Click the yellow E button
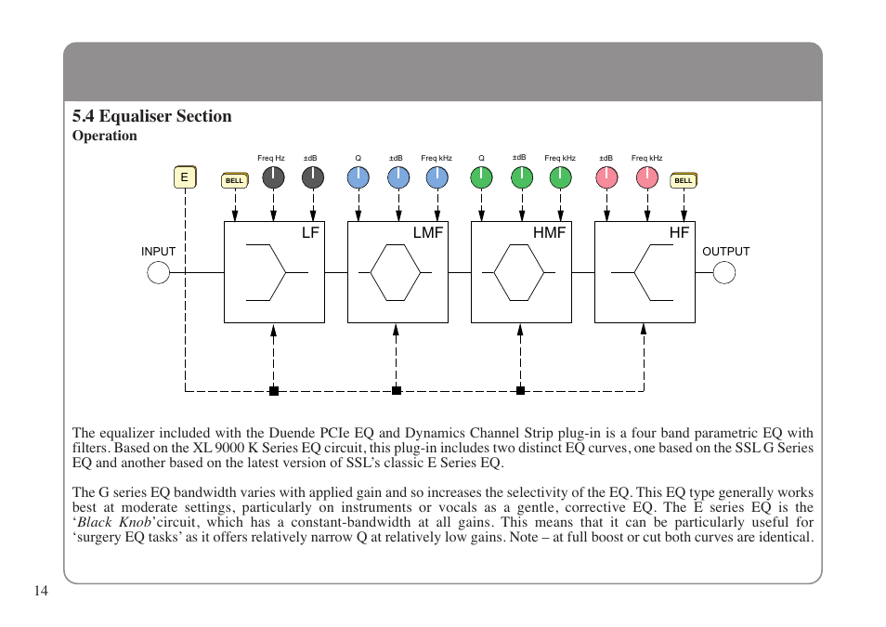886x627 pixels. click(185, 177)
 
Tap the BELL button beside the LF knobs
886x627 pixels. click(234, 180)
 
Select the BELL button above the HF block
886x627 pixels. click(684, 180)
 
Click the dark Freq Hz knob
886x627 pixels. click(273, 178)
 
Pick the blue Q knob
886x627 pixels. click(358, 178)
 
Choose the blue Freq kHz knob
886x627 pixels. click(436, 178)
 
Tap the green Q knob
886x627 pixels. click(481, 178)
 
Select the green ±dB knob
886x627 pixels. click(522, 178)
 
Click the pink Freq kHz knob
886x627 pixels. click(647, 178)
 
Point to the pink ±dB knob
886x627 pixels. click(606, 178)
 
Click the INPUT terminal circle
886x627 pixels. click(159, 272)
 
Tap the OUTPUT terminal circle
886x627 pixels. click(724, 272)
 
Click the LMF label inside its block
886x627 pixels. click(427, 233)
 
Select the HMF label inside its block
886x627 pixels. click(549, 233)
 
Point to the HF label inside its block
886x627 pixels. click(679, 233)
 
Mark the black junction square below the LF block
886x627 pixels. click(274, 391)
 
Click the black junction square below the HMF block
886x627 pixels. click(520, 391)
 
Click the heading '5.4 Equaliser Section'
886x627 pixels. click(152, 116)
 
